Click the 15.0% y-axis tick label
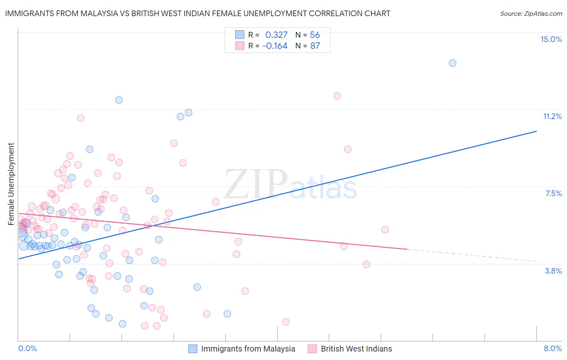coord(551,39)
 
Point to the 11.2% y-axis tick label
coord(552,116)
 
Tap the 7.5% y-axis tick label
coord(553,193)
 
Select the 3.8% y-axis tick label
coord(553,271)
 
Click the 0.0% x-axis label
coord(27,348)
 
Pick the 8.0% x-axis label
coord(552,348)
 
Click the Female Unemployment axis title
coord(11,184)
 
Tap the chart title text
coord(198,13)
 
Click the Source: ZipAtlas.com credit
coord(531,13)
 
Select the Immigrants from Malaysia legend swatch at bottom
coord(193,349)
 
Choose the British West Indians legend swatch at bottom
coord(312,349)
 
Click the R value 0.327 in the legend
coord(276,35)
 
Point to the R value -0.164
coord(275,46)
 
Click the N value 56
coord(315,35)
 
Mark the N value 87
coord(315,46)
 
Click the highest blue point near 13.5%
coord(452,63)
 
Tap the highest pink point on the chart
coord(337,96)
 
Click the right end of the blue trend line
coord(536,131)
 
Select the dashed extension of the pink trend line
coord(472,255)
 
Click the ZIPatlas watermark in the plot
coord(290,184)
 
